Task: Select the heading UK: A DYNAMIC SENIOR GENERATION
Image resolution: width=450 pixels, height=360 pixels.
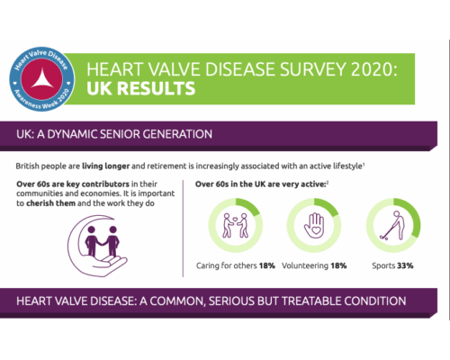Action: tap(114, 134)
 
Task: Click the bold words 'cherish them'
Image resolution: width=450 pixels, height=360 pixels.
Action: tap(54, 204)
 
